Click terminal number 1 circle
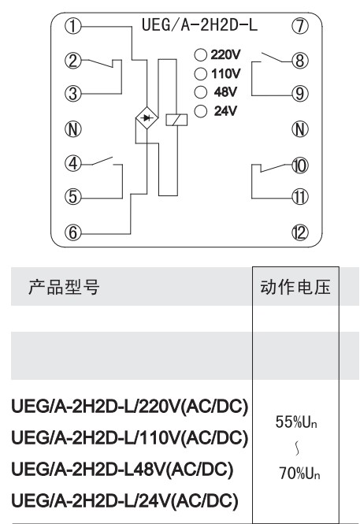click(x=72, y=26)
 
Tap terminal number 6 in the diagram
click(x=72, y=232)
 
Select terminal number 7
click(x=300, y=26)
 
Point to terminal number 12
click(x=300, y=232)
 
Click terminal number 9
click(x=300, y=94)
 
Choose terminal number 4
click(x=72, y=163)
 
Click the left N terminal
click(x=72, y=129)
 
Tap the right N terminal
click(x=300, y=129)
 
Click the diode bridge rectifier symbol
click(x=147, y=118)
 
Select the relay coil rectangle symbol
click(x=176, y=120)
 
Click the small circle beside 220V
click(x=200, y=55)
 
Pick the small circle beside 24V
click(x=200, y=111)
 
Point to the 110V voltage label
click(x=226, y=73)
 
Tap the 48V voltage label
click(x=226, y=92)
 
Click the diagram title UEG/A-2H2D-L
click(x=200, y=25)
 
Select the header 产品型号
click(x=64, y=287)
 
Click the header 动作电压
click(x=295, y=287)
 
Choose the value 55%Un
click(x=296, y=422)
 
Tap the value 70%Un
click(x=299, y=474)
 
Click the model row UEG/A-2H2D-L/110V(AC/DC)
click(x=130, y=437)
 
